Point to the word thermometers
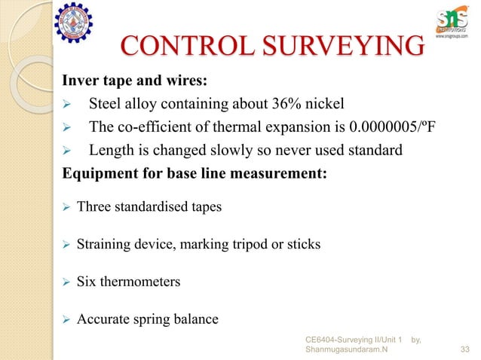pyautogui.click(x=142, y=282)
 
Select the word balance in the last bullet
pyautogui.click(x=195, y=319)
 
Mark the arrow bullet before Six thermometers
pyautogui.click(x=65, y=282)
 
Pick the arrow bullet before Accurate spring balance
pyautogui.click(x=65, y=319)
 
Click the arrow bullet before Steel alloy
pyautogui.click(x=66, y=105)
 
